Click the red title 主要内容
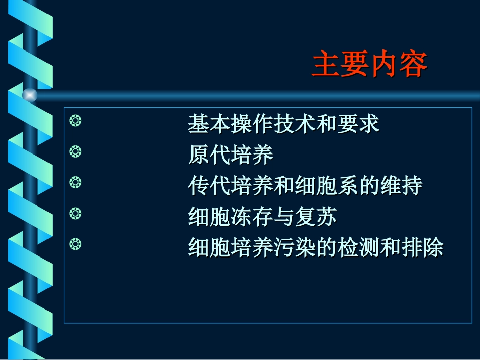point(369,65)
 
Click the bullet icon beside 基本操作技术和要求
point(75,121)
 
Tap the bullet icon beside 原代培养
point(75,151)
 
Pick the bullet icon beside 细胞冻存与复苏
point(75,214)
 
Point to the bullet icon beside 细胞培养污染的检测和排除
point(75,245)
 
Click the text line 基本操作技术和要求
point(283,124)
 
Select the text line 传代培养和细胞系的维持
point(305,186)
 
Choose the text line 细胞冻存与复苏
point(262,218)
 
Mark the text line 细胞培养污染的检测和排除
point(315,248)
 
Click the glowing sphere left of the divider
point(30,95)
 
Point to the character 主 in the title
point(326,65)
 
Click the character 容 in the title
point(413,65)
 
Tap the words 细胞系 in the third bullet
point(326,186)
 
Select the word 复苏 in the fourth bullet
point(316,218)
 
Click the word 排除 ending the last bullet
point(422,248)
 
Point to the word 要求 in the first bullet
point(358,124)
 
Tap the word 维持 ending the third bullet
point(401,186)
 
